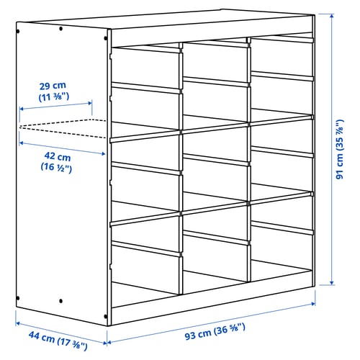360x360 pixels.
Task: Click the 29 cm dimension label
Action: pyautogui.click(x=53, y=86)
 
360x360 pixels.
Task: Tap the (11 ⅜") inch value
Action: pyautogui.click(x=54, y=97)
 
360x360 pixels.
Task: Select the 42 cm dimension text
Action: pyautogui.click(x=58, y=156)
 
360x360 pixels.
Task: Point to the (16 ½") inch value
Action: pyautogui.click(x=56, y=167)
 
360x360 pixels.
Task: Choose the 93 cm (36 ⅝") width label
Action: pyautogui.click(x=215, y=331)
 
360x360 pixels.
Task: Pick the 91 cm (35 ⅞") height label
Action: pyautogui.click(x=340, y=149)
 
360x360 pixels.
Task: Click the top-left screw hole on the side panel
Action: pyautogui.click(x=18, y=31)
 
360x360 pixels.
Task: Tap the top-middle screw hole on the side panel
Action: pyautogui.click(x=60, y=29)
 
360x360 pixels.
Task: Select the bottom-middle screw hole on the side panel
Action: pyautogui.click(x=60, y=301)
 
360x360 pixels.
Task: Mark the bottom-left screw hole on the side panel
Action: pyautogui.click(x=18, y=298)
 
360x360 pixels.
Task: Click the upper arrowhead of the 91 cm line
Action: pyautogui.click(x=332, y=17)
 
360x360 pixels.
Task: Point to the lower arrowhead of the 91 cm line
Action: pyautogui.click(x=332, y=283)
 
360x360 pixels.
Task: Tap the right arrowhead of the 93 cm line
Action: pyautogui.click(x=312, y=304)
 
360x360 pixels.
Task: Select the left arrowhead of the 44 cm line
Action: pyautogui.click(x=18, y=324)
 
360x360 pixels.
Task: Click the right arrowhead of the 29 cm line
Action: pyautogui.click(x=90, y=104)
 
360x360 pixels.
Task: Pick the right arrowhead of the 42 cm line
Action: pyautogui.click(x=103, y=153)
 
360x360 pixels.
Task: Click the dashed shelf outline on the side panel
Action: pyautogui.click(x=63, y=128)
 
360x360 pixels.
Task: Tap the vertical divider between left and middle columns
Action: pyautogui.click(x=181, y=168)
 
